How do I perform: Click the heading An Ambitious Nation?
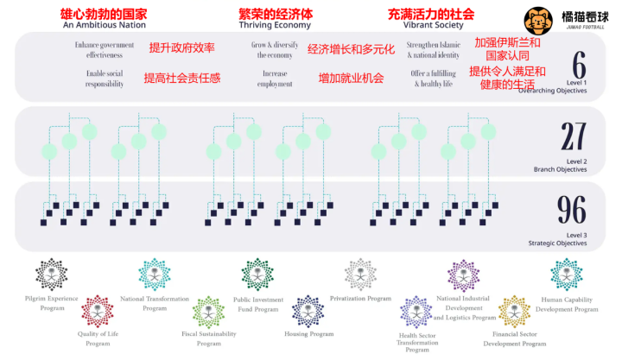point(105,26)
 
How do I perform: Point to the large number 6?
point(579,65)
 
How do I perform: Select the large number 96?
point(573,210)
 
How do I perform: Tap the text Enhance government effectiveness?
point(105,49)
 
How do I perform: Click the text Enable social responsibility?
point(105,79)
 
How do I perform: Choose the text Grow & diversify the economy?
point(275,49)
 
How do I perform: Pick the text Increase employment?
point(275,79)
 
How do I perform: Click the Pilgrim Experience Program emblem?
point(52,275)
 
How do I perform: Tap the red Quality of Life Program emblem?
point(97,310)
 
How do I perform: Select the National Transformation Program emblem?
point(155,275)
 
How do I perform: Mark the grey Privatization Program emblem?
point(360,275)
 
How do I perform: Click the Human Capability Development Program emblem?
point(567,275)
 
